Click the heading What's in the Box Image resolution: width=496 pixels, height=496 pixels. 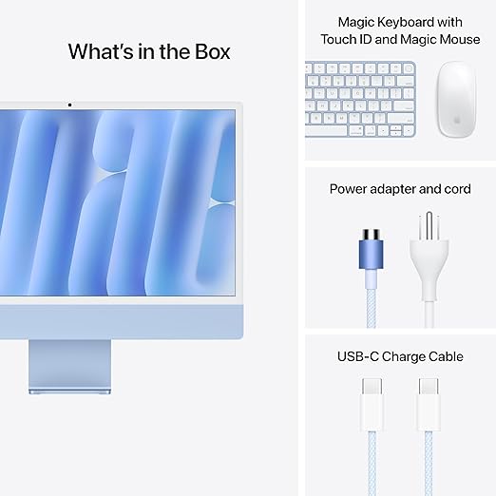[x=149, y=51]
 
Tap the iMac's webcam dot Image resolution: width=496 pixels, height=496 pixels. [x=69, y=104]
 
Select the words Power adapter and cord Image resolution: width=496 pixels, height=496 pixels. [x=400, y=189]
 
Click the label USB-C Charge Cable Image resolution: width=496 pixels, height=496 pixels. [x=400, y=357]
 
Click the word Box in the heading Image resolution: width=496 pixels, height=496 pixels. [x=209, y=51]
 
